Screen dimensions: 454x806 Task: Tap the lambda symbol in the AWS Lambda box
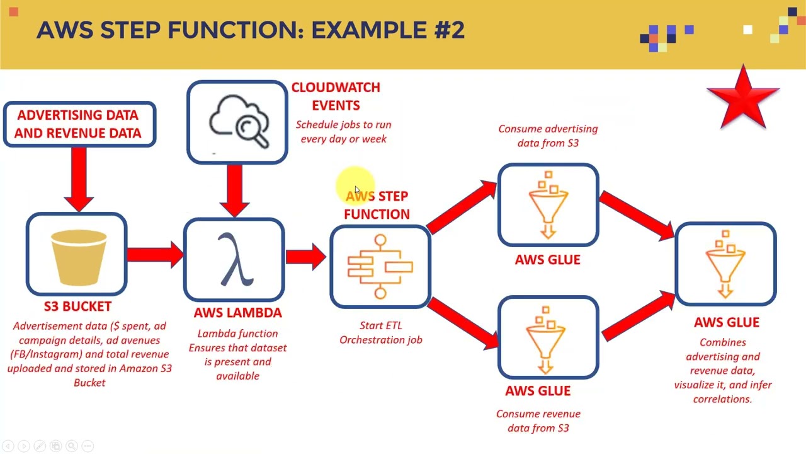(x=236, y=260)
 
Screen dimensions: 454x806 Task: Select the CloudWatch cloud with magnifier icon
(x=239, y=122)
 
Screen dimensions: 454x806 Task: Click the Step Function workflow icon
(x=380, y=266)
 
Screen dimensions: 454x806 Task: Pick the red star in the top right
(x=744, y=98)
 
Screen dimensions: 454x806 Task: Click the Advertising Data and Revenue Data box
(x=79, y=124)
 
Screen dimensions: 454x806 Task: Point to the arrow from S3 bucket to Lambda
(x=154, y=254)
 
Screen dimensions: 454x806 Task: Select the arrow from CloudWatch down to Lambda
(x=235, y=188)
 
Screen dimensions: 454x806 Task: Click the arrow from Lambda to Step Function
(x=306, y=256)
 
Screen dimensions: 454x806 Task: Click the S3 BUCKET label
(x=77, y=306)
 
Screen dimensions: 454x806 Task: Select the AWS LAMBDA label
(x=237, y=313)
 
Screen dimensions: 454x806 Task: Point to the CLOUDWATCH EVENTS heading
(x=336, y=96)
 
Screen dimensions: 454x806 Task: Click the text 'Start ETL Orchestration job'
(x=380, y=332)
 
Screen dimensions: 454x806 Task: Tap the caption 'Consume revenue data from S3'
(x=538, y=421)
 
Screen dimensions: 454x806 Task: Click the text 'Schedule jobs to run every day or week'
(x=343, y=132)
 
